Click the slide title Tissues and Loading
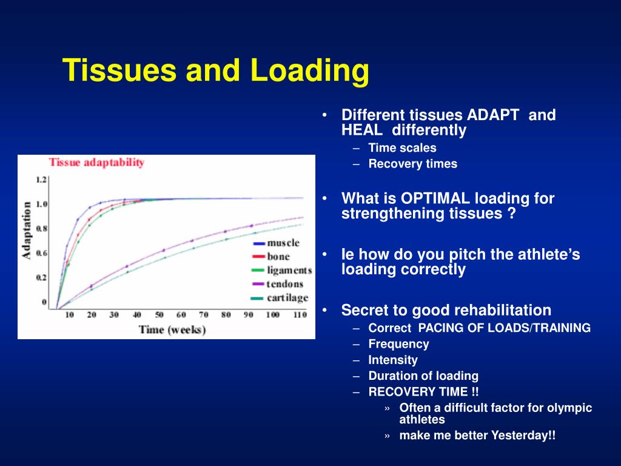(216, 70)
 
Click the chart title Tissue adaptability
(96, 162)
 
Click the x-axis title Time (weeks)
(172, 329)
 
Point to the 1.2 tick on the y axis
(41, 180)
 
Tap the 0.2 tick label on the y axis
(41, 277)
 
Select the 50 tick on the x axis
(159, 315)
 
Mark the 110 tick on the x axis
(299, 315)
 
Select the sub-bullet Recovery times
(412, 164)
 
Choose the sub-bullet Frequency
(398, 344)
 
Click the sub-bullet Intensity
(393, 360)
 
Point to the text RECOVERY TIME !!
(423, 391)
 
